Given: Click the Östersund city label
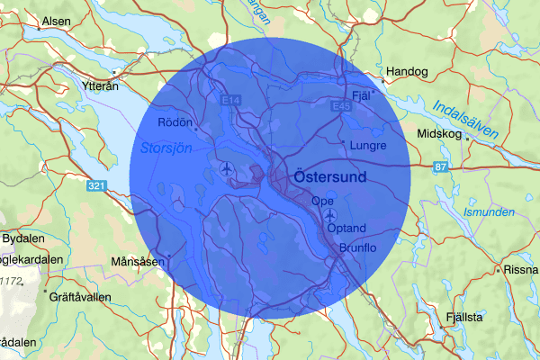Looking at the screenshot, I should pos(330,177).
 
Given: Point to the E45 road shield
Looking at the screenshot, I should pos(340,105).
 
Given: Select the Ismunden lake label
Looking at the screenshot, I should pos(488,212).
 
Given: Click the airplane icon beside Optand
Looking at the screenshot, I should pos(330,216).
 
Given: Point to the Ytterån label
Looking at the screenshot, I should pos(99,87).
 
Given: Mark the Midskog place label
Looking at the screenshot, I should pos(438,134).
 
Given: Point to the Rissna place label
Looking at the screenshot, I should pos(521,269).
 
